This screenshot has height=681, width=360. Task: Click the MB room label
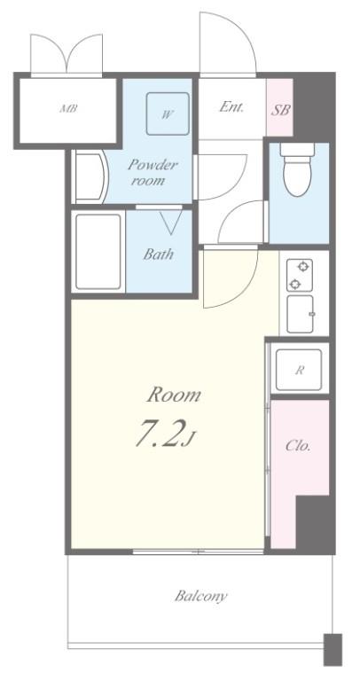coord(68,108)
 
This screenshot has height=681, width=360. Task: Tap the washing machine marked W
coord(168,113)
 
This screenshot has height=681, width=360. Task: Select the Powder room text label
coord(147,172)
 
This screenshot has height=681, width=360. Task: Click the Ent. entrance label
coord(231,106)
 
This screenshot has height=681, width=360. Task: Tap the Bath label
coord(158,254)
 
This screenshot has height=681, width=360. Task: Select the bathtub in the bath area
coord(98,252)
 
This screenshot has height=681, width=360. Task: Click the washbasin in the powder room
coord(90,176)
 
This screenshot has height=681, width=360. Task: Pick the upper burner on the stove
coord(304,266)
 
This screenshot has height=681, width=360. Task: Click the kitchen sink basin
coord(300,314)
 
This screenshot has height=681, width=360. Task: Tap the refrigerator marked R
coord(299,370)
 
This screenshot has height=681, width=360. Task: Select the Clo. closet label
coord(298,446)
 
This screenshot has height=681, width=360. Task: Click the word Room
coord(174,395)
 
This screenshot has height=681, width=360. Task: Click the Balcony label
coord(200,596)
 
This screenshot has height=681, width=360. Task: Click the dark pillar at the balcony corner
coord(333,649)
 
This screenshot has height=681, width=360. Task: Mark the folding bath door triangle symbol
coord(171,223)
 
